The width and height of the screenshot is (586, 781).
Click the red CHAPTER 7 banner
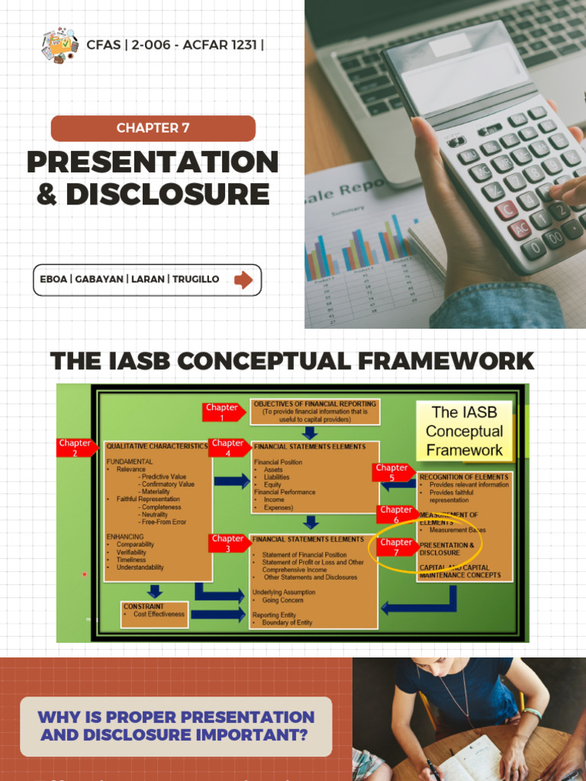pos(153,128)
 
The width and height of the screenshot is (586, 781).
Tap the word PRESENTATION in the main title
pos(153,162)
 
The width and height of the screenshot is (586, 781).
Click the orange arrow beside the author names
pos(243,280)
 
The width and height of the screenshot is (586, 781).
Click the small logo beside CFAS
pos(60,44)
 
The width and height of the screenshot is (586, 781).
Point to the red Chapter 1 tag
pos(223,412)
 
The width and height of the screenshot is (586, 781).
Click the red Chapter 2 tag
pos(76,447)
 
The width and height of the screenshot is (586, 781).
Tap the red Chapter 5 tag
pos(392,472)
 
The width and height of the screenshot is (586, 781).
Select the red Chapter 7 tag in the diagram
pos(396,547)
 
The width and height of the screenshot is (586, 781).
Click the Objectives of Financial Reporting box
pos(315,411)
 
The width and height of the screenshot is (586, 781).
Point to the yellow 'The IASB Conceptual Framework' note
pos(464,431)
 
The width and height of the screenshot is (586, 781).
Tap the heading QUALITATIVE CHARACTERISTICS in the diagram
pos(156,446)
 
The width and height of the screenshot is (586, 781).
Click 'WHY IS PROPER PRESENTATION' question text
pos(176,717)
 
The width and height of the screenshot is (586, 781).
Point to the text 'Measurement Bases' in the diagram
pos(457,529)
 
